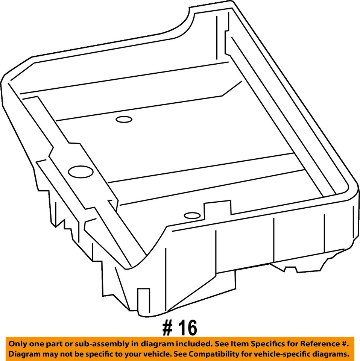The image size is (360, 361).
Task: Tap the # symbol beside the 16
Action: (x=168, y=328)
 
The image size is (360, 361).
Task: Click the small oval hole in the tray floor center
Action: (x=124, y=120)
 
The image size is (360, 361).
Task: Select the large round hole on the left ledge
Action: (x=78, y=172)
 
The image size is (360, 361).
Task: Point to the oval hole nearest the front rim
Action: (x=192, y=216)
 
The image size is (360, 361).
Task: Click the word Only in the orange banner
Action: (x=18, y=344)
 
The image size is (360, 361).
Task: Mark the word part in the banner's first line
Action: (x=52, y=344)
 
